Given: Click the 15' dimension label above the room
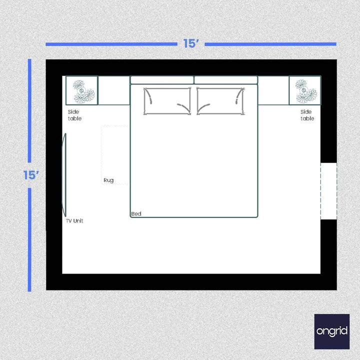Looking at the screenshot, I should click(x=191, y=44).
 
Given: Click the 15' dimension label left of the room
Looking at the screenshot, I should click(x=31, y=175).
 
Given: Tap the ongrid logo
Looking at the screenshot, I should click(x=332, y=331).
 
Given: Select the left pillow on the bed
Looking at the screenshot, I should click(x=167, y=101).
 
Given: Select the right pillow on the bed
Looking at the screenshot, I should click(x=220, y=101).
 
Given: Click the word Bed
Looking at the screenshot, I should click(x=136, y=214).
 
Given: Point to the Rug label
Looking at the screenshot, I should click(x=108, y=180).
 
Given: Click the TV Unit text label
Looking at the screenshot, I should click(x=74, y=220).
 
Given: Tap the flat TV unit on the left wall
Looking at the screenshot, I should click(x=64, y=175).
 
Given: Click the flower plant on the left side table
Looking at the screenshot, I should click(x=82, y=90).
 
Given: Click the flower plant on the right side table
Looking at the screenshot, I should click(x=305, y=90).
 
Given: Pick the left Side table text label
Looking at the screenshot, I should click(x=74, y=115).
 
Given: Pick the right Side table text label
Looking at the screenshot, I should click(x=307, y=115).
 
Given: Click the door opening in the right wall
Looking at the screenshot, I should click(x=328, y=190).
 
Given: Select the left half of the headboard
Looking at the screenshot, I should click(x=162, y=80).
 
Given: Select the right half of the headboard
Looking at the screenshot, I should click(x=225, y=80).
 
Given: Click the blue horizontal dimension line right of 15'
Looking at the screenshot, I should click(x=270, y=44).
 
